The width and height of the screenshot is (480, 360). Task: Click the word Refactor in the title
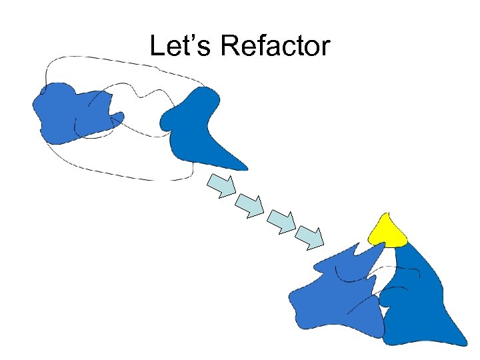pyautogui.click(x=275, y=46)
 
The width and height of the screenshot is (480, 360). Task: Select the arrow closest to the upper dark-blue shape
pyautogui.click(x=221, y=185)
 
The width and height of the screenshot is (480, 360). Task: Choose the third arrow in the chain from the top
pyautogui.click(x=281, y=221)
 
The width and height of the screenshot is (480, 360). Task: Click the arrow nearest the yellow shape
pyautogui.click(x=310, y=237)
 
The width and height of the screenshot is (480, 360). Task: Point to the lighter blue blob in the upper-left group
pyautogui.click(x=67, y=113)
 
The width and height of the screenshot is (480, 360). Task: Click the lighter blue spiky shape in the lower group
pyautogui.click(x=333, y=293)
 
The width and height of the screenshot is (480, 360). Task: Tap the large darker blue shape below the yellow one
pyautogui.click(x=420, y=300)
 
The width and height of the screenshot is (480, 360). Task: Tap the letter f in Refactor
pyautogui.click(x=261, y=45)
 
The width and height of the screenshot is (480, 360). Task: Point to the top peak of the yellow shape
pyautogui.click(x=385, y=215)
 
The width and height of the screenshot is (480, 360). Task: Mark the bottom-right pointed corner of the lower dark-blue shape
pyautogui.click(x=465, y=344)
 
